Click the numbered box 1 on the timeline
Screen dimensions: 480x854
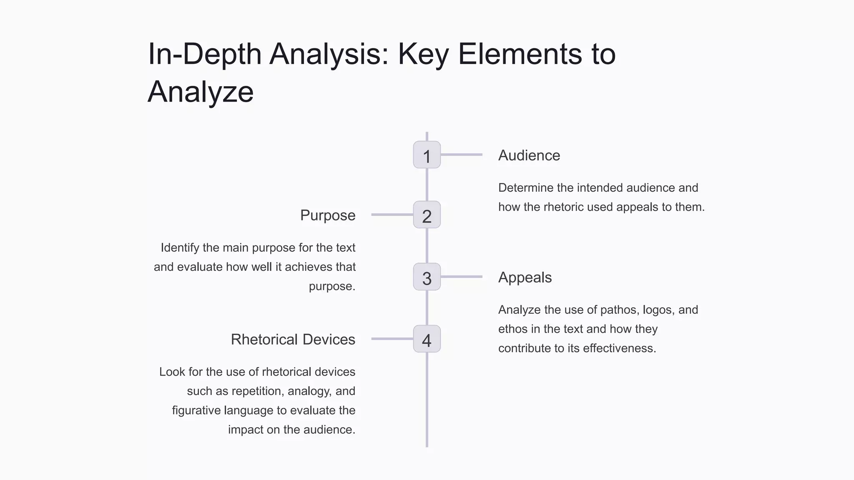coord(427,155)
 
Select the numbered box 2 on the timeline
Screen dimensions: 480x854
coord(427,215)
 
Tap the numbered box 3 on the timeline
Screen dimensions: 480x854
coord(427,277)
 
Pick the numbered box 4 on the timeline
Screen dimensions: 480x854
coord(427,339)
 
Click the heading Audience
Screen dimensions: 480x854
coord(529,155)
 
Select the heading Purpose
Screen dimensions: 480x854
coord(328,215)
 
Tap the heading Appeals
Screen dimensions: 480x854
coord(525,277)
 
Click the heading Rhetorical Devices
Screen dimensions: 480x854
coord(293,340)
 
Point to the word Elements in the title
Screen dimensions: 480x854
coord(519,54)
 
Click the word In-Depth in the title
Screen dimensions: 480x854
coord(204,54)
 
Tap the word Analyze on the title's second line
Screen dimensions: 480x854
coord(201,92)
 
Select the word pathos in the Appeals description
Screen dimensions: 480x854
coord(618,310)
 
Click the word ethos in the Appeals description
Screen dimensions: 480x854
coord(513,329)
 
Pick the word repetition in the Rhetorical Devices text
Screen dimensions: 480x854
coord(258,391)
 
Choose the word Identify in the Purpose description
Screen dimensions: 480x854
coord(180,248)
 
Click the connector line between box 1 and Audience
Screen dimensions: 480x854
coord(461,155)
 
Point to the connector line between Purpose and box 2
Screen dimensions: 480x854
coord(392,215)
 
